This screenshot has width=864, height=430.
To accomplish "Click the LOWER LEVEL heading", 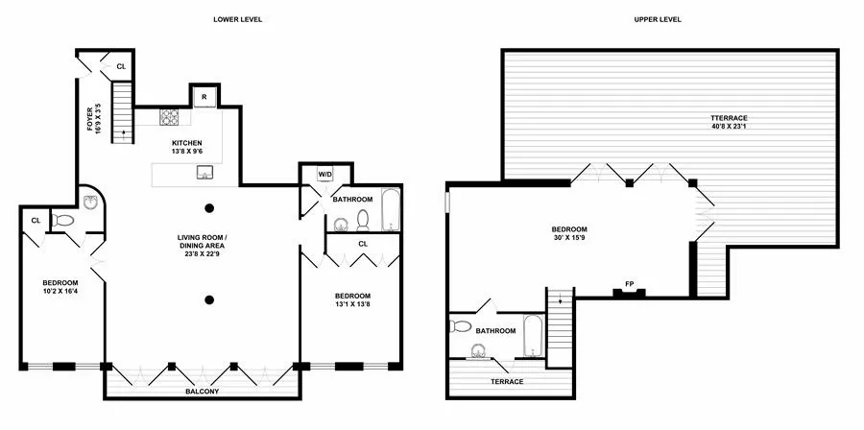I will [x=239, y=19].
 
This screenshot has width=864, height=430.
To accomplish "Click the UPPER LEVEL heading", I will [x=658, y=19].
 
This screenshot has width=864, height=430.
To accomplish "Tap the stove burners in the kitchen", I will [x=169, y=117].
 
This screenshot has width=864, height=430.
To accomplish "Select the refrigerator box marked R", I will [x=204, y=97].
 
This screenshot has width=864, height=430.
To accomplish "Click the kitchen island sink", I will [x=204, y=173].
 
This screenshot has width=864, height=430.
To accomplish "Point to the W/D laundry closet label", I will [x=324, y=175].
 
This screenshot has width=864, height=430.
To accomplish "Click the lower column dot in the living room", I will [x=208, y=299].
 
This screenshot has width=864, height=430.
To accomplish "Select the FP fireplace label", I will [x=630, y=284].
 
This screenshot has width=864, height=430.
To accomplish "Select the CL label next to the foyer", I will [x=121, y=66].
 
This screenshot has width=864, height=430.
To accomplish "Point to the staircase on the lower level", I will [x=122, y=112].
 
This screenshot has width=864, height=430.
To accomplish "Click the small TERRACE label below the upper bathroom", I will [x=506, y=382].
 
